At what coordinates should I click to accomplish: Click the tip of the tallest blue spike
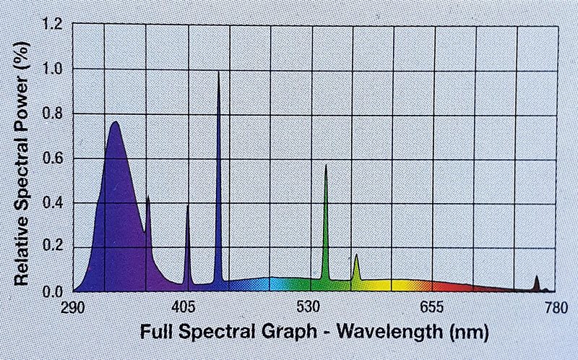218,72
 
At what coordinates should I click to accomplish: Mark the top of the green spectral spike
326,166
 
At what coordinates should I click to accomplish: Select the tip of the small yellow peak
356,254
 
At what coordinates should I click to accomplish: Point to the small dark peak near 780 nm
537,277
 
